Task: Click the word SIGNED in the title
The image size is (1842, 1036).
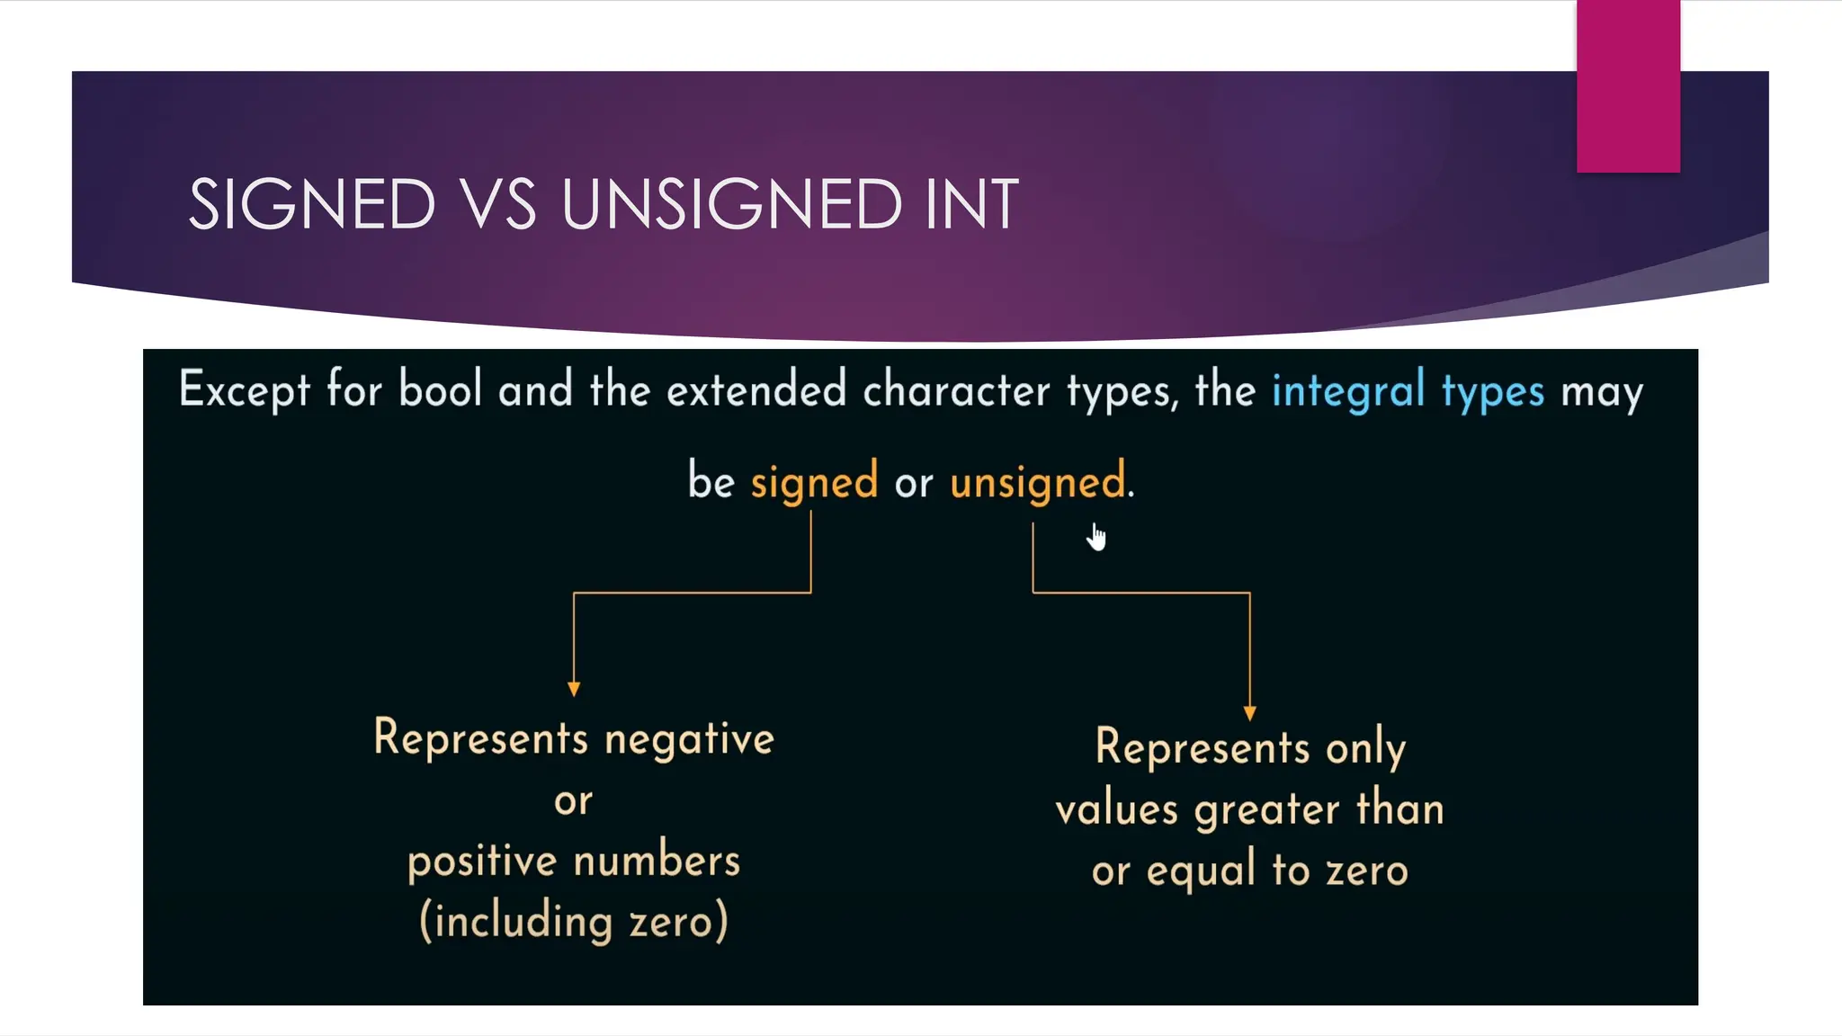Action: [312, 204]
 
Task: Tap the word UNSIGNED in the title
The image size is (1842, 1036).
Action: [731, 204]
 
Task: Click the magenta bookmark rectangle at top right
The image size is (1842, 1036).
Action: [1628, 86]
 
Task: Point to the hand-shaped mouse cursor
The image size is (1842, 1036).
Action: [1095, 537]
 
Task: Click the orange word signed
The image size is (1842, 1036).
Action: [814, 481]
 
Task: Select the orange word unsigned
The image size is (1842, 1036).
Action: [1037, 481]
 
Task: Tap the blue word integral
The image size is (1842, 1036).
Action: [1348, 390]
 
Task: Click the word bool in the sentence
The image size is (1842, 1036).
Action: [440, 388]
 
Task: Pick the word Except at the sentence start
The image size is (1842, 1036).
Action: [244, 390]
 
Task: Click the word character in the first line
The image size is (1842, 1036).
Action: [956, 390]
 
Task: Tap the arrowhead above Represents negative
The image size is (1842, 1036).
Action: [574, 689]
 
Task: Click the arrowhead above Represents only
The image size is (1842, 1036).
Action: [1249, 713]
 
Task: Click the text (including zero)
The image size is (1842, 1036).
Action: [574, 922]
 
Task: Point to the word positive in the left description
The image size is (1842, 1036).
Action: [482, 862]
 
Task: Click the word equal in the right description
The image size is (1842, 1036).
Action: [1201, 871]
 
